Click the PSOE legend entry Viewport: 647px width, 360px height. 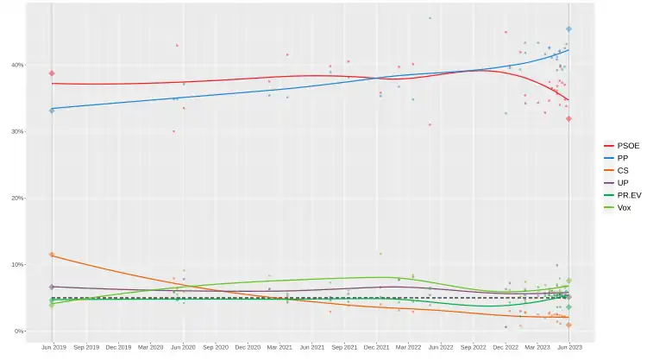(x=622, y=146)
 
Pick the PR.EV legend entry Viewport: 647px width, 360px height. (x=622, y=196)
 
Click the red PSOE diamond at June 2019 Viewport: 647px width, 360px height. (x=52, y=73)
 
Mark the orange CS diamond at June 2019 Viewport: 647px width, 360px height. (x=52, y=255)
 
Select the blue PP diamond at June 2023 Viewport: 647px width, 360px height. (x=568, y=29)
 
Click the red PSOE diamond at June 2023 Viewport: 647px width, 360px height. (x=568, y=118)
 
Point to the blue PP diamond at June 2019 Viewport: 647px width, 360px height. (x=52, y=111)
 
